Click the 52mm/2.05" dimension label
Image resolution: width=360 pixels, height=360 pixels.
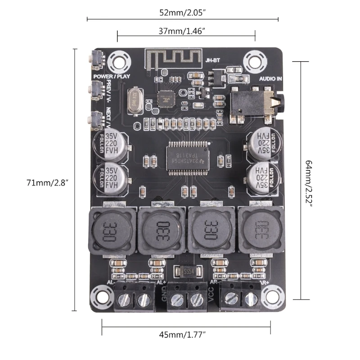coord(182,13)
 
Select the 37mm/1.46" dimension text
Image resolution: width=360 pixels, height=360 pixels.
coord(185,31)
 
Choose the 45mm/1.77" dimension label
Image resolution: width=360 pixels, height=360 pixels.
coord(185,334)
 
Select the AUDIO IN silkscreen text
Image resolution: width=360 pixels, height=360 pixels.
coord(271,78)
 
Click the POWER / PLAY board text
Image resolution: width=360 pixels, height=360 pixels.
coord(112,76)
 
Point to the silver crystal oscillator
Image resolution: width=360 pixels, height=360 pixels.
coord(134,100)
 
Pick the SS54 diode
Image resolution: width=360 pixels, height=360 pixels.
coord(185,272)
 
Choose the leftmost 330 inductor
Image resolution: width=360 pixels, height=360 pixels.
coord(112,228)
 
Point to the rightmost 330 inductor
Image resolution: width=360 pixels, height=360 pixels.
coord(260,229)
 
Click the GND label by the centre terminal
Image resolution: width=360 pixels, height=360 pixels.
coord(164,294)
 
